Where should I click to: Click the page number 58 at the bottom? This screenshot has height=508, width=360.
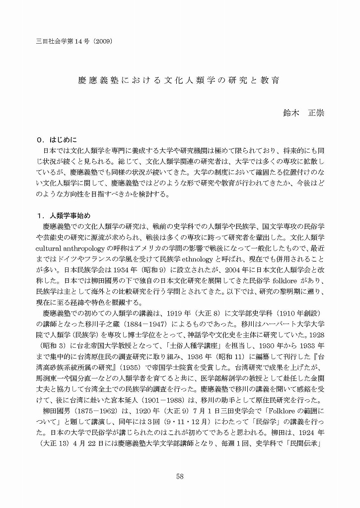180,477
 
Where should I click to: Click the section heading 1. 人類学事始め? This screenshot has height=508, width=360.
68,216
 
